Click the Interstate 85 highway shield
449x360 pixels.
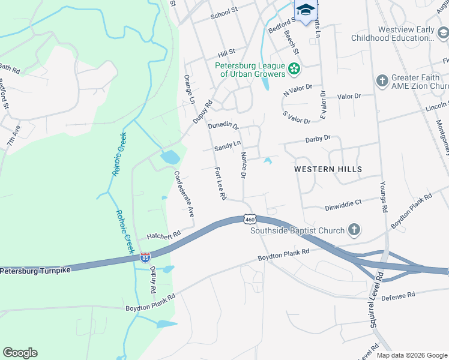click(x=145, y=257)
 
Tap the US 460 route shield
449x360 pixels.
click(x=250, y=219)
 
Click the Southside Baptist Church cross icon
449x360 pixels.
click(x=354, y=230)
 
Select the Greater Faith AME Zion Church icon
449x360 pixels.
click(x=382, y=81)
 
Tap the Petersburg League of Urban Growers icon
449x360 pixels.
click(x=294, y=69)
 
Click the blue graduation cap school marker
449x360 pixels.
click(x=305, y=10)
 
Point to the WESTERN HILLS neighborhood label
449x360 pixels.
click(x=328, y=169)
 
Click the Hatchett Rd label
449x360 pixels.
click(x=163, y=235)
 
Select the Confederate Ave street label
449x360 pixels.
click(x=184, y=194)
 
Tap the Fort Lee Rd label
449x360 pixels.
click(x=220, y=183)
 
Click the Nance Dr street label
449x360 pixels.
click(x=243, y=165)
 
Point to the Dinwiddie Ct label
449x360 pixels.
click(x=343, y=203)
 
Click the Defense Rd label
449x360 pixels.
click(x=397, y=295)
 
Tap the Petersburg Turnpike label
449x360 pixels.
click(x=35, y=271)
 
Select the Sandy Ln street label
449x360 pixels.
click(x=228, y=145)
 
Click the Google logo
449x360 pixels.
click(x=20, y=352)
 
